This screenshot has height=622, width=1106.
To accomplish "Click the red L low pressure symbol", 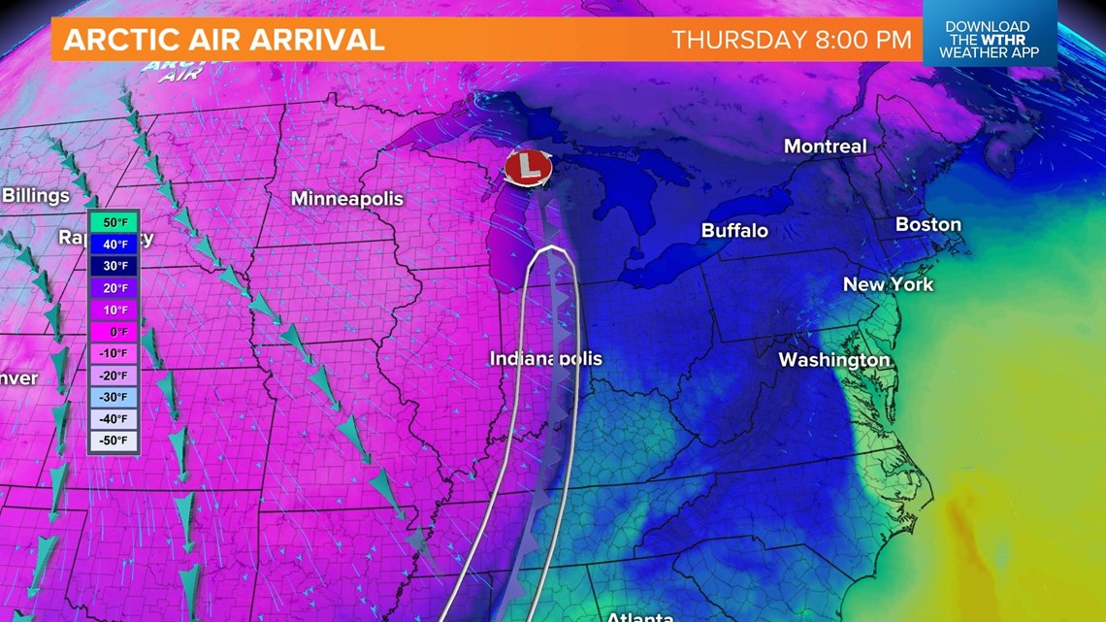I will click(528, 167).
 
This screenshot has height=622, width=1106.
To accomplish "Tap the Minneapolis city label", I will click(346, 198).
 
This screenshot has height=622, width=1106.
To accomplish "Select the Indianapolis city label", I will click(545, 359).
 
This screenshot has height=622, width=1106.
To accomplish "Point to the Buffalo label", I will click(734, 230).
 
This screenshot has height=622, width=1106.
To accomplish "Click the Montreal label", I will click(825, 147).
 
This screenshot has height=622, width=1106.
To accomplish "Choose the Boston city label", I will click(927, 224).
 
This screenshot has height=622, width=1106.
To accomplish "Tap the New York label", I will click(888, 284).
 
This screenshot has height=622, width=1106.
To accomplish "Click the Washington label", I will click(833, 360).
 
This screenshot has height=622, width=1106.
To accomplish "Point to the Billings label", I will click(36, 195).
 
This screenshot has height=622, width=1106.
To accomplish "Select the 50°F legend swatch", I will click(114, 222).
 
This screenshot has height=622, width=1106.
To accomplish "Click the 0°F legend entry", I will click(114, 332).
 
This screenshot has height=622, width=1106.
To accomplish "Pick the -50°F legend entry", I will click(114, 442).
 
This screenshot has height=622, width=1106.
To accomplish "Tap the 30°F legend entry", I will click(114, 266).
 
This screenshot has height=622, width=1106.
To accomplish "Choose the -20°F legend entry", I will click(114, 376).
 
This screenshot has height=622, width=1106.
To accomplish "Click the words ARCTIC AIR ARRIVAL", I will click(224, 40).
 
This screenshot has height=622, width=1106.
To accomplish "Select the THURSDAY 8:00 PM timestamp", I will click(792, 40).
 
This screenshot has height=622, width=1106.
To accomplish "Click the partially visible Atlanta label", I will click(639, 616).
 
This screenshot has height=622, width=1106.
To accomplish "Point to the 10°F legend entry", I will click(114, 311).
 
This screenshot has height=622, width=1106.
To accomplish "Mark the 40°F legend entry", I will click(114, 245).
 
